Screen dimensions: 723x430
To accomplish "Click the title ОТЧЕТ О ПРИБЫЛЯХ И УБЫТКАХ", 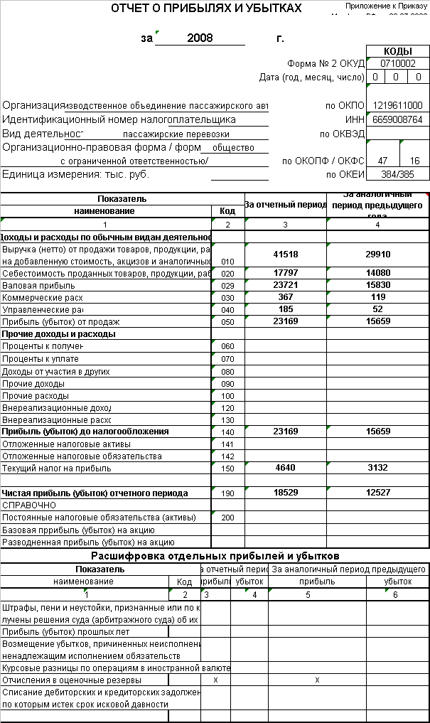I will tap(206, 9).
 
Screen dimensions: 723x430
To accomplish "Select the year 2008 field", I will tap(200, 38).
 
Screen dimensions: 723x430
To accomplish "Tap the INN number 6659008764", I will tap(397, 119).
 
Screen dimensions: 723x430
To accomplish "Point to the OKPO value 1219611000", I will tap(397, 105).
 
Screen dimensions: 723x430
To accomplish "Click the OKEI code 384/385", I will tap(397, 174).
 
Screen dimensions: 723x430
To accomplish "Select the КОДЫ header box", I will tap(397, 51).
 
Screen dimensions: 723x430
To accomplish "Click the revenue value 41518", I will tap(285, 255).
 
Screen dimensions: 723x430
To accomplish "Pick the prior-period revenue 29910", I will tap(377, 255).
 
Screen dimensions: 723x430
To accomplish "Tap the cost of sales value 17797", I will tap(285, 273).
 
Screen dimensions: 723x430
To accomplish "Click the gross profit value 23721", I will tap(285, 285).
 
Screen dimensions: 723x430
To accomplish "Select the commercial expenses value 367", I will tap(285, 297).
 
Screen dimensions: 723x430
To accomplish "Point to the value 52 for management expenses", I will tap(377, 309).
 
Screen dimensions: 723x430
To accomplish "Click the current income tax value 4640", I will tap(285, 468).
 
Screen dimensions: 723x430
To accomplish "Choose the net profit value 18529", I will tap(285, 493).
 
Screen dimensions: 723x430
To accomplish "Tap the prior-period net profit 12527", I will tap(377, 493).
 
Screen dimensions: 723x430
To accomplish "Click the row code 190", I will tap(227, 493).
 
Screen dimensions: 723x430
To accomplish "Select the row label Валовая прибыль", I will tap(32, 285).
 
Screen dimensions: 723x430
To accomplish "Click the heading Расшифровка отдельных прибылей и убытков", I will tap(215, 555).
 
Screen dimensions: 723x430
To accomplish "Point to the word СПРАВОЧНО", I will tap(29, 505).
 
